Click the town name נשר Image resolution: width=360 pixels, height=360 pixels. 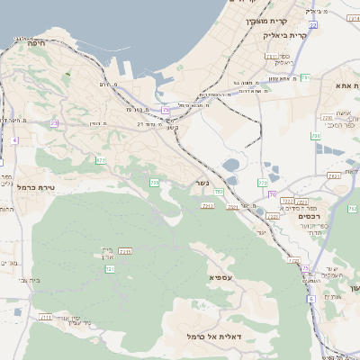coord(202,184)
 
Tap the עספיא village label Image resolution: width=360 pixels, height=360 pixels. coord(220,277)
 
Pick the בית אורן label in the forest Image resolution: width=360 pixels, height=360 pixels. coord(107,253)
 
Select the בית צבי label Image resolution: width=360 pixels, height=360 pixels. coord(29,280)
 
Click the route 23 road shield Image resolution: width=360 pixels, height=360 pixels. coord(54,123)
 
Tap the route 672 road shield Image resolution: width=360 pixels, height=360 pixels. coord(101,160)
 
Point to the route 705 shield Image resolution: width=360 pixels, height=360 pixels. coord(154,183)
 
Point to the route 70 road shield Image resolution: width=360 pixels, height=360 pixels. coord(272,194)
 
